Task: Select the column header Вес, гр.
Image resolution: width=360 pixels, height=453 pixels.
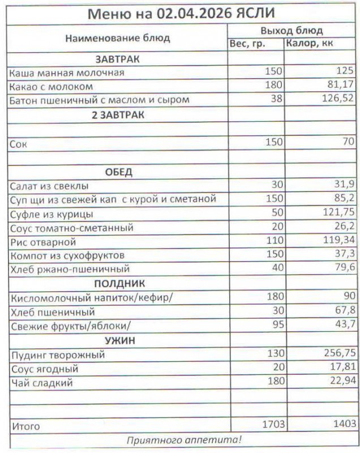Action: point(247,44)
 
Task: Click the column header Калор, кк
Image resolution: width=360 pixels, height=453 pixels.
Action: point(309,44)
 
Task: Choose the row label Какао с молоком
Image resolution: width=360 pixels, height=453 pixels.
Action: point(51,87)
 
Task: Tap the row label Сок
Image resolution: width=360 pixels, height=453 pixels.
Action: point(18,143)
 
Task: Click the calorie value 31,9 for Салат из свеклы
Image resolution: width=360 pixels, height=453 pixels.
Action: point(345,186)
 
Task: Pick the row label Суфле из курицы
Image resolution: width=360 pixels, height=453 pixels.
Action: point(52,215)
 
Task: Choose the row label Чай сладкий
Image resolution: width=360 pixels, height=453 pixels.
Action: point(41,383)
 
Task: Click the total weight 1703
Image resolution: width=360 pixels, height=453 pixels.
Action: point(271,424)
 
